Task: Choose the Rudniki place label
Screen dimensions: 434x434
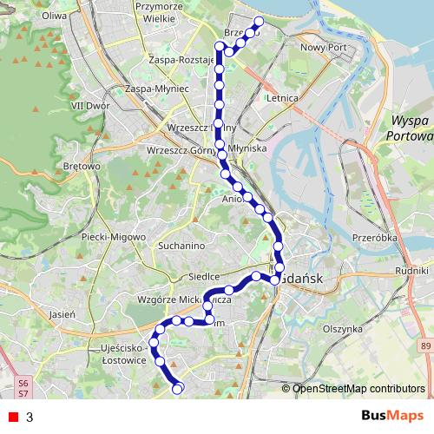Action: (411, 271)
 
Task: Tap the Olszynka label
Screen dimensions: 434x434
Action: (341, 329)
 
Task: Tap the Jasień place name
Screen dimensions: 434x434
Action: (64, 312)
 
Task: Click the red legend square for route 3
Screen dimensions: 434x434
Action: (13, 417)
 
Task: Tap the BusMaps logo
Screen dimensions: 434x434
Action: (387, 417)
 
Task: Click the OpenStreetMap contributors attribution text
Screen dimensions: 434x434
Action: (358, 388)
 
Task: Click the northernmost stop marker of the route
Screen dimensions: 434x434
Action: (258, 22)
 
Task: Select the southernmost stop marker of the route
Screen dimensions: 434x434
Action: (178, 389)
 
